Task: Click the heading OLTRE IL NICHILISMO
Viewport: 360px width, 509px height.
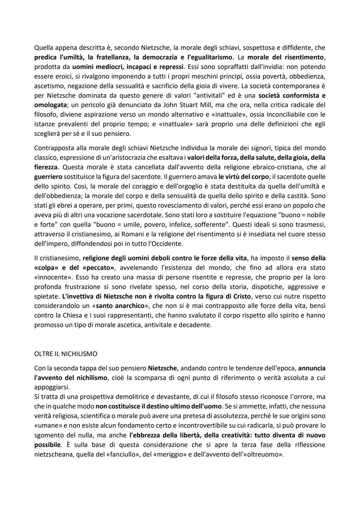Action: tap(66, 353)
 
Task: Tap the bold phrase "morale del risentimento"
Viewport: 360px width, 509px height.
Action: tap(286, 57)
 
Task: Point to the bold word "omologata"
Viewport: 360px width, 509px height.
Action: tap(50, 105)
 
